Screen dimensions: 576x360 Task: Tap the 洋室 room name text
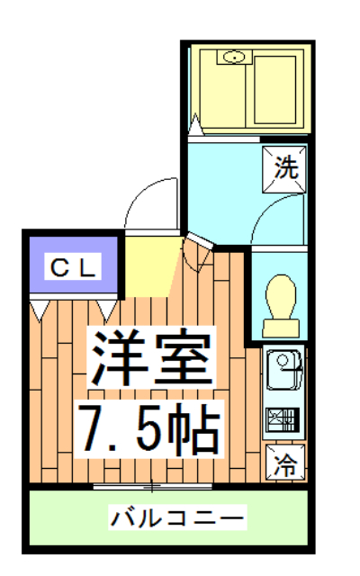[x=151, y=357]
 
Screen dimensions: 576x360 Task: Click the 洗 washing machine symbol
[x=285, y=166]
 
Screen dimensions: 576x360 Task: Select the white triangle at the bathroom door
[x=194, y=124]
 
